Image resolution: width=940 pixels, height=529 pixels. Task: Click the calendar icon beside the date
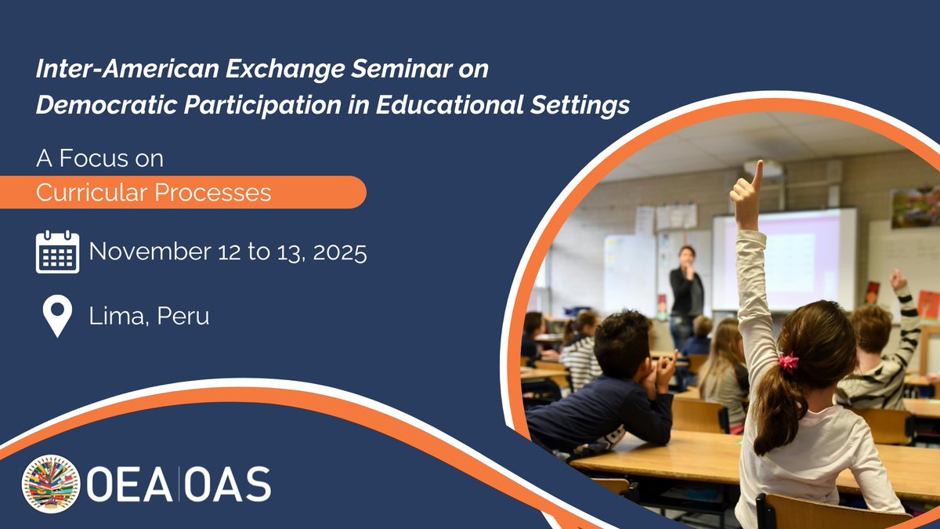[x=57, y=252]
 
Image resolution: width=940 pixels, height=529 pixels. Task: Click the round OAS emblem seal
[x=51, y=484]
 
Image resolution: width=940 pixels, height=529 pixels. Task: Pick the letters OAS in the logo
[x=228, y=484]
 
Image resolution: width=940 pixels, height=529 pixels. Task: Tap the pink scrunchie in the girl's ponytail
[x=787, y=361]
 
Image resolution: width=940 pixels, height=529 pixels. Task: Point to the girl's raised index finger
[x=757, y=174]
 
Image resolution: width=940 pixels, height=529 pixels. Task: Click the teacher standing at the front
[x=686, y=290]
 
